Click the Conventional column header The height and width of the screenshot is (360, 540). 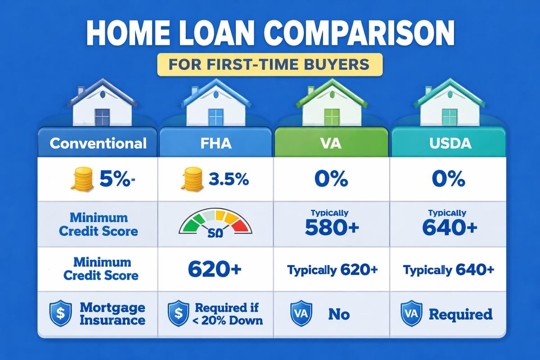coord(98,143)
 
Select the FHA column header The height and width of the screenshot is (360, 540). coord(216,143)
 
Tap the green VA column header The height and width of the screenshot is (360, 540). coord(331,143)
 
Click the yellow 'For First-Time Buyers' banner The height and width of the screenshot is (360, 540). coord(270,63)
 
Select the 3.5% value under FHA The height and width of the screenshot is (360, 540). coord(229,179)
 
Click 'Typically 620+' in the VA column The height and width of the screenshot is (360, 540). coord(332,270)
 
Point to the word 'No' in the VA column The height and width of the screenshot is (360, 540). coord(338,314)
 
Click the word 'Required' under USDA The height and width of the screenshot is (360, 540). coord(460,314)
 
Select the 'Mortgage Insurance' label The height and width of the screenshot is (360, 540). coord(112,314)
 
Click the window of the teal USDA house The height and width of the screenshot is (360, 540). coord(449,117)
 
